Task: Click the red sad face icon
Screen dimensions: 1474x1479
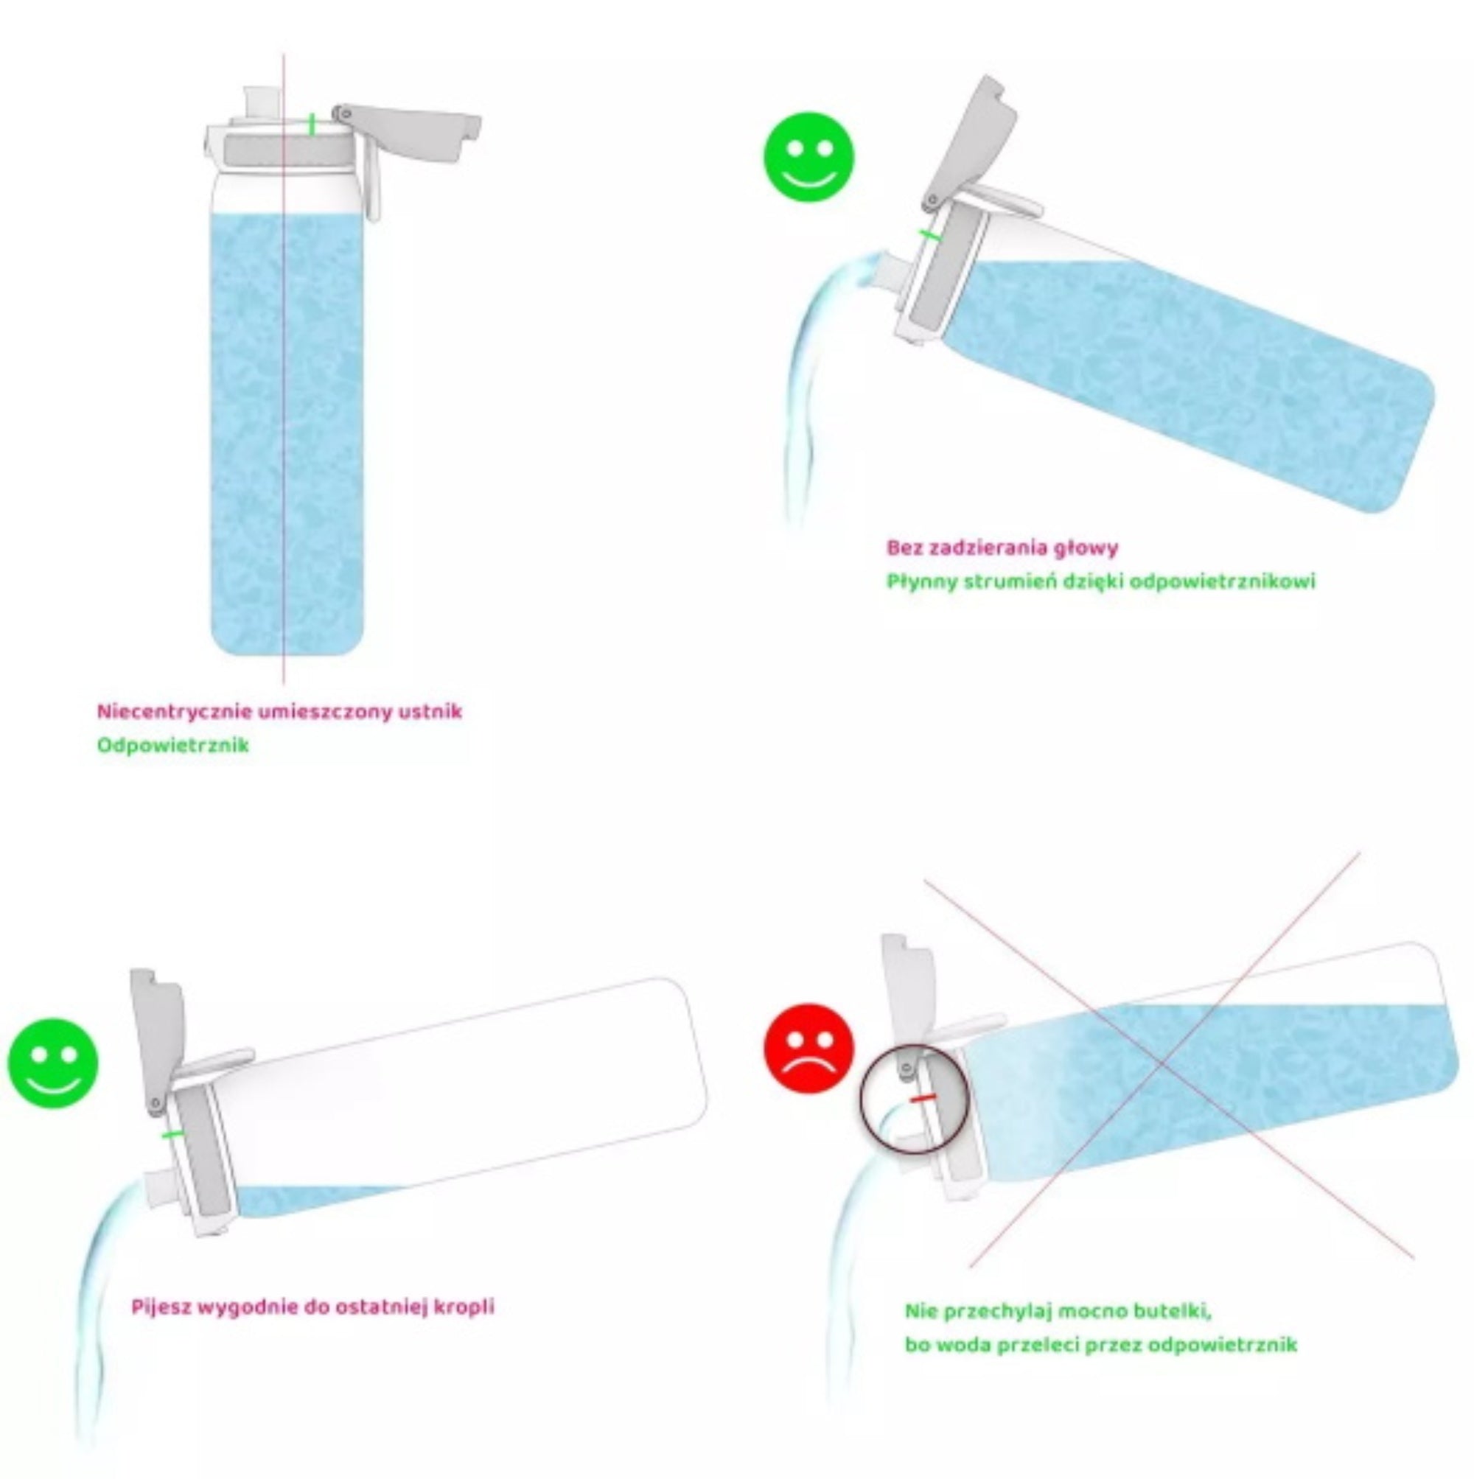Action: click(x=808, y=1048)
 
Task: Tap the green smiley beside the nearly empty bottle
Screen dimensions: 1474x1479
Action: click(x=53, y=1062)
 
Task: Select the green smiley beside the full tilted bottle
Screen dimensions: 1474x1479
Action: click(x=808, y=158)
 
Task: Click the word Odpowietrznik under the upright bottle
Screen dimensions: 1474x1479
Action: click(x=173, y=745)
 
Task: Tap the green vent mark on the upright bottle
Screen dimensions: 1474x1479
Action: click(x=312, y=125)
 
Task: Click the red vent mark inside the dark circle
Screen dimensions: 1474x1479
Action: click(x=923, y=1099)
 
